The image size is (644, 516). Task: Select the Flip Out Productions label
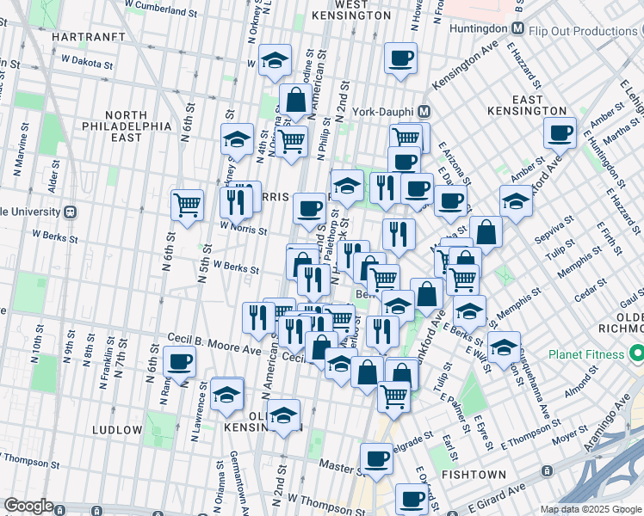click(x=582, y=32)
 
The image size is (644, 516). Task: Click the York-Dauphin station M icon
click(x=423, y=112)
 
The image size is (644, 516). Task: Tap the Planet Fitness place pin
click(x=637, y=353)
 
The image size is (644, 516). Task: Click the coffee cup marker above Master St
click(x=376, y=460)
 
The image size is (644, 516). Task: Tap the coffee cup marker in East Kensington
click(x=560, y=133)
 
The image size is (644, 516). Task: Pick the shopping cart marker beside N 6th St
click(x=187, y=205)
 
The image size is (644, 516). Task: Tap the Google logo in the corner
click(x=29, y=505)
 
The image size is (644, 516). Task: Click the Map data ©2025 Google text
click(x=590, y=509)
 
